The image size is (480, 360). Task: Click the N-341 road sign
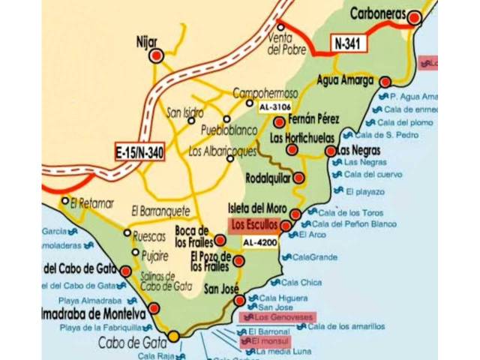pyautogui.click(x=349, y=43)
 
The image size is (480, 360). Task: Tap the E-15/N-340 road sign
pyautogui.click(x=139, y=152)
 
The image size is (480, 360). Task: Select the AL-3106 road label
pyautogui.click(x=274, y=107)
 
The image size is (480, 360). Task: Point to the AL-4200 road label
pyautogui.click(x=259, y=242)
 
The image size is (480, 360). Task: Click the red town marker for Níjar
pyautogui.click(x=157, y=55)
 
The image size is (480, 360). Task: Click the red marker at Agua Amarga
pyautogui.click(x=385, y=82)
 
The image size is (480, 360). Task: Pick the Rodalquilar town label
pyautogui.click(x=268, y=179)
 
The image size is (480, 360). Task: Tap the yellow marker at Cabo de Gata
pyautogui.click(x=173, y=336)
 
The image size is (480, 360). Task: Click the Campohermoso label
pyautogui.click(x=265, y=94)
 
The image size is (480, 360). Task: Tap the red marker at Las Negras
pyautogui.click(x=331, y=151)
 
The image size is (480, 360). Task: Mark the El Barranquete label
pyautogui.click(x=160, y=211)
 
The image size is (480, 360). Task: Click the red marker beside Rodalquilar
pyautogui.click(x=298, y=178)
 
